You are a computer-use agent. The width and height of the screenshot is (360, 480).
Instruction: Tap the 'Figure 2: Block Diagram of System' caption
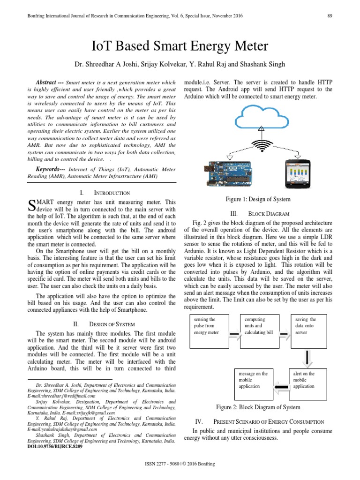click(258, 407)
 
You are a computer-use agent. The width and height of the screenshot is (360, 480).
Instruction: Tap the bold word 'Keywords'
click(50, 168)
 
